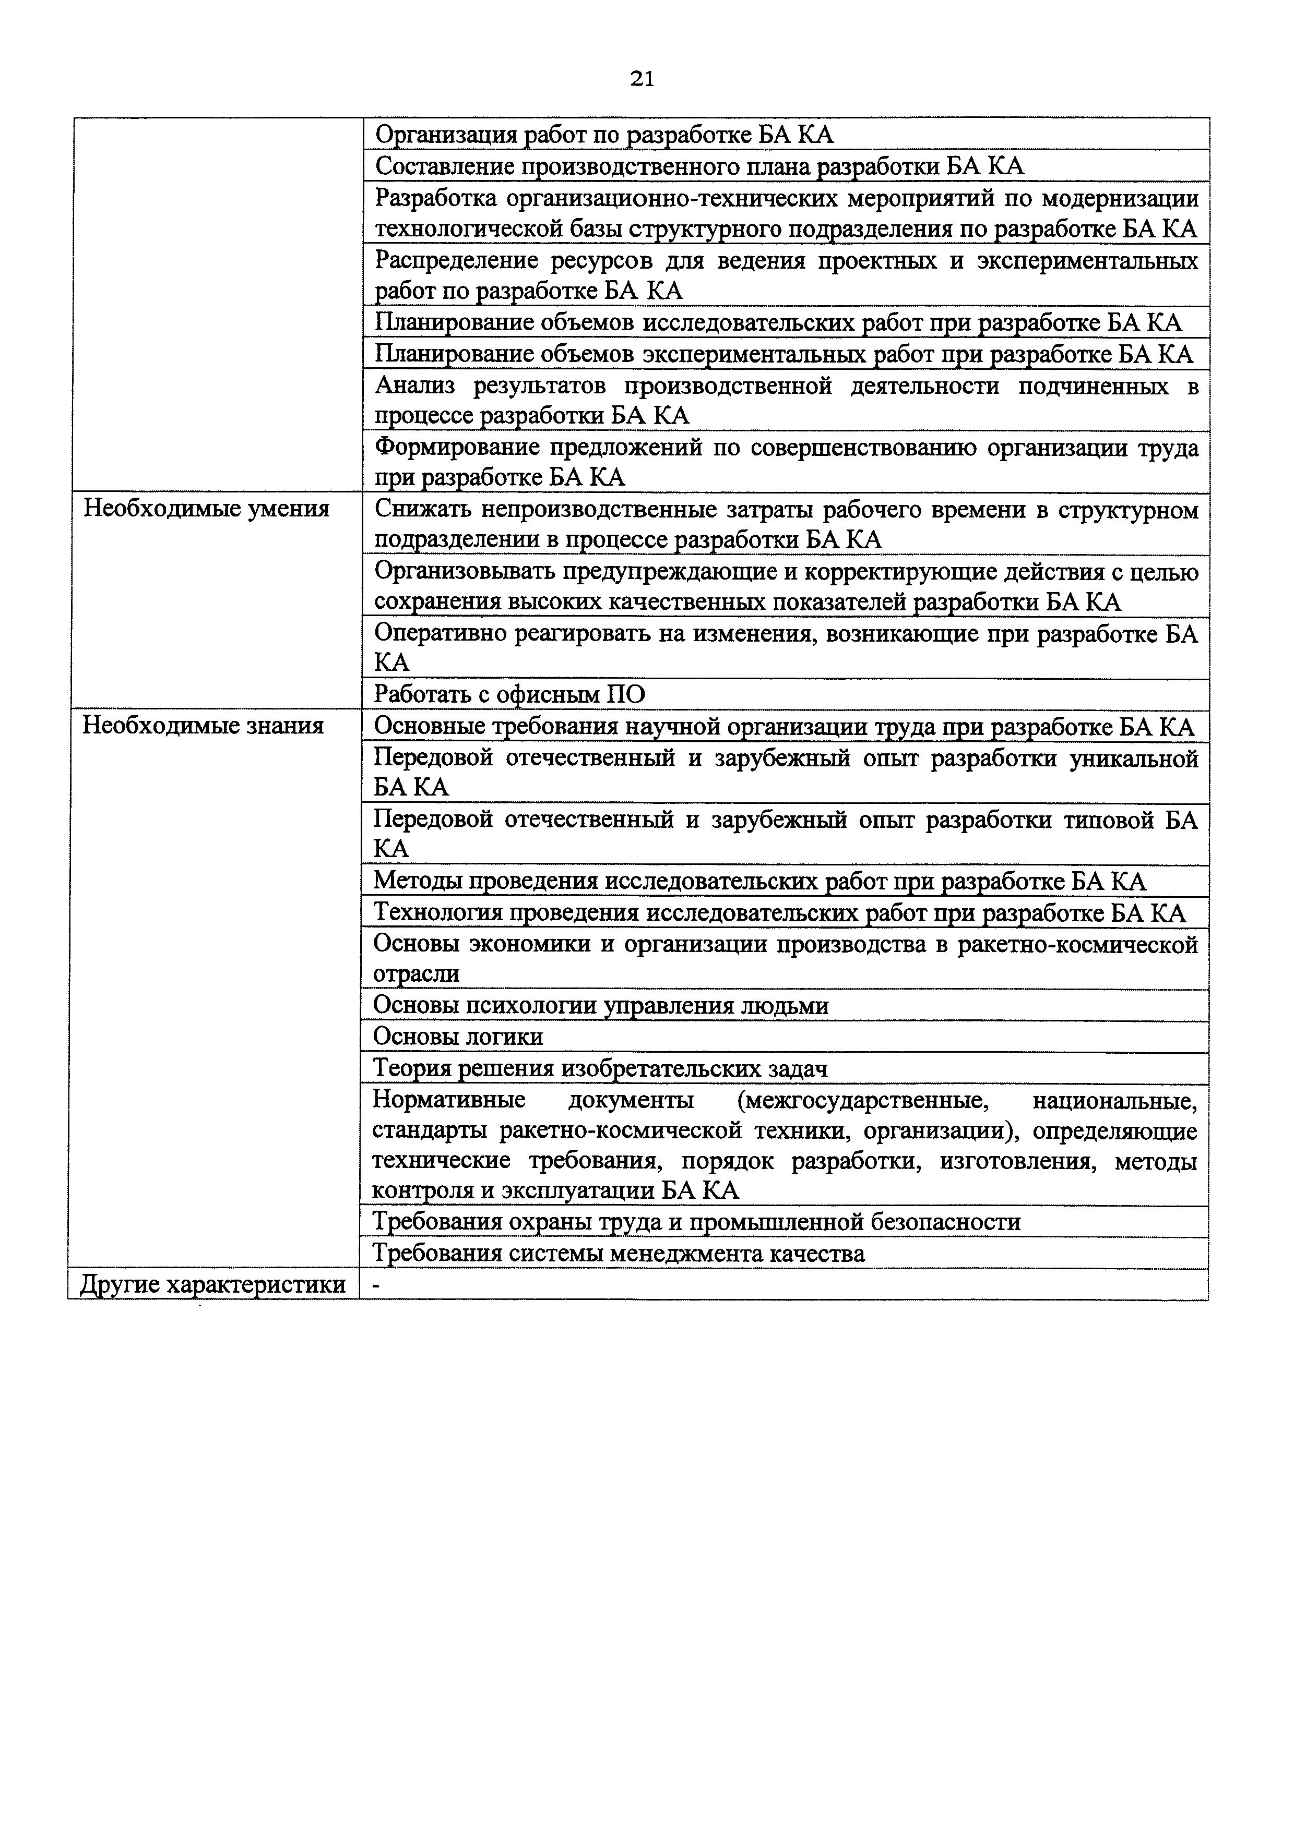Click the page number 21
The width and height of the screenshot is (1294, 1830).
pos(642,78)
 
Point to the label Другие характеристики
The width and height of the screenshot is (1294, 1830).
pos(213,1284)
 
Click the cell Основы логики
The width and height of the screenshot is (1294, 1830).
pos(458,1037)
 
